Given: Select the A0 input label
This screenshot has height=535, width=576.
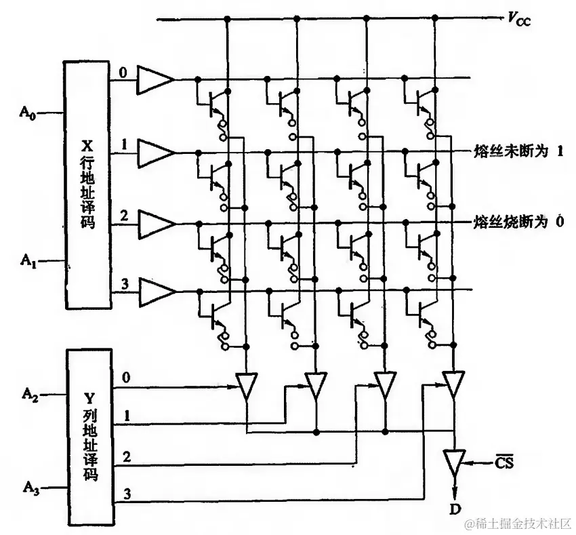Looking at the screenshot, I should [27, 113].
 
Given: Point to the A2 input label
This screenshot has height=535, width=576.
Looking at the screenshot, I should [30, 393].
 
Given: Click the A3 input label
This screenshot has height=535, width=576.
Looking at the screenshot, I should [30, 486].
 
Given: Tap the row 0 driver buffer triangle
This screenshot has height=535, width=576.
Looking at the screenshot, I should [155, 80].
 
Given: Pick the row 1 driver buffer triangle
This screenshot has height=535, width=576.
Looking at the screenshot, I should [155, 152].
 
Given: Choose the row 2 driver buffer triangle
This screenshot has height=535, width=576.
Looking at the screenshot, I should [155, 223].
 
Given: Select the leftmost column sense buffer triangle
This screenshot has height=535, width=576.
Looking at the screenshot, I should [247, 385].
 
